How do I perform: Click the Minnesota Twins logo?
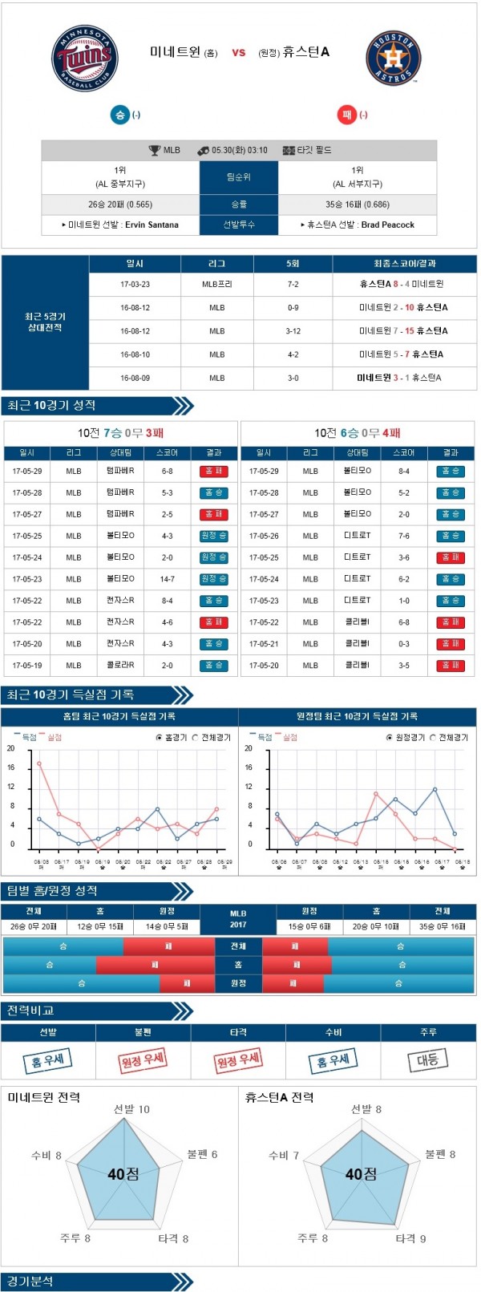tap(85, 58)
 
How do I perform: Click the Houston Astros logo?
tap(393, 59)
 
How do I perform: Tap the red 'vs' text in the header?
tap(238, 53)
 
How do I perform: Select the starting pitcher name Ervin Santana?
tap(152, 225)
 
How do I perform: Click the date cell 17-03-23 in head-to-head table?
tap(135, 284)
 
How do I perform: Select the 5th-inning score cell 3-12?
tap(293, 330)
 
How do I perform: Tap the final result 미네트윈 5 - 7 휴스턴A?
tap(401, 354)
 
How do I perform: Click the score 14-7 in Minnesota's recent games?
tap(167, 578)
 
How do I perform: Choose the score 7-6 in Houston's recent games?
tap(404, 536)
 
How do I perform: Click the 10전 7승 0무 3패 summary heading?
tap(121, 433)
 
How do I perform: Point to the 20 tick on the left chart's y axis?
tap(11, 748)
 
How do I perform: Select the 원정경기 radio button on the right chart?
tap(390, 737)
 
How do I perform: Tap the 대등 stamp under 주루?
tap(428, 1059)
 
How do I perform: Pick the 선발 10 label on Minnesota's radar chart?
tap(131, 1109)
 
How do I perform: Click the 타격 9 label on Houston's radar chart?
tap(410, 1238)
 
